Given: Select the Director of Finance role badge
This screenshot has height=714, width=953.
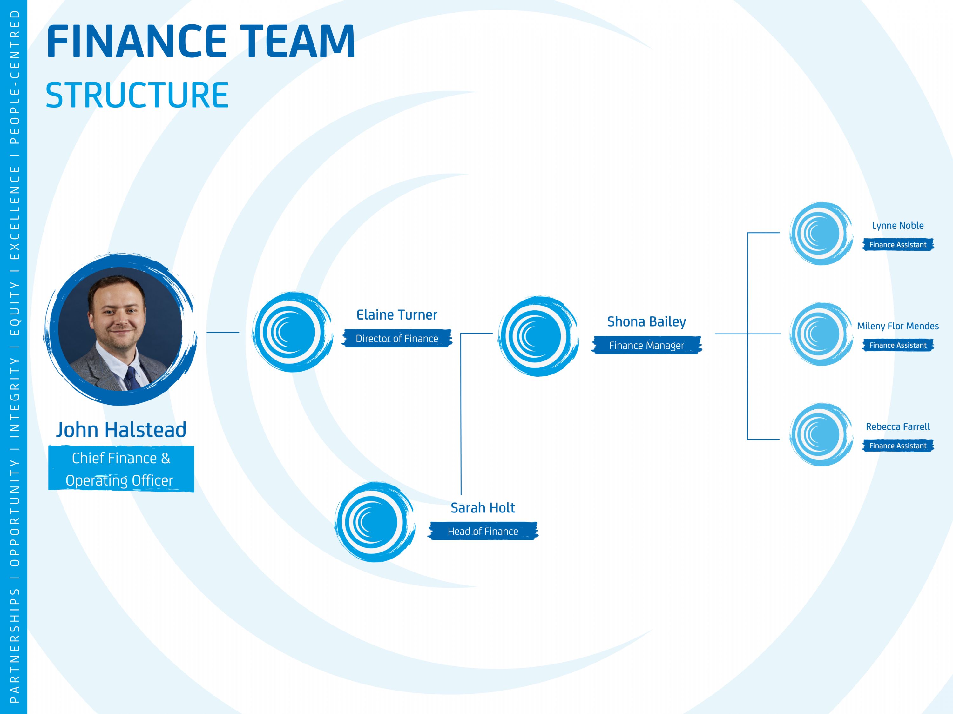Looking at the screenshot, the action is [397, 338].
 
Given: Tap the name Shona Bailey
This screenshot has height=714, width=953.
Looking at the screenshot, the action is [646, 322].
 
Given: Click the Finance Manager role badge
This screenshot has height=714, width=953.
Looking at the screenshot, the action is [646, 345].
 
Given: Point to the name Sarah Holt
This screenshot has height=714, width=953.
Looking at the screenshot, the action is [483, 508].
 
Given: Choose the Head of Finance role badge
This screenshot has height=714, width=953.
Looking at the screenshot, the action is [483, 531].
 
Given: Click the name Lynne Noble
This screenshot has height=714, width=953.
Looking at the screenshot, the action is [898, 226].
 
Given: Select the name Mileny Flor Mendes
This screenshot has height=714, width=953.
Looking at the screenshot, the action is [898, 326].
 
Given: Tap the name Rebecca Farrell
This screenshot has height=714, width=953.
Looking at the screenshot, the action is [898, 426].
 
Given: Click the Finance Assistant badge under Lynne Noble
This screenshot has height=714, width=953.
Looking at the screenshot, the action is [898, 244].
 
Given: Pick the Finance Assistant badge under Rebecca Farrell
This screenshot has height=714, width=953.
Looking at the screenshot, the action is [898, 446].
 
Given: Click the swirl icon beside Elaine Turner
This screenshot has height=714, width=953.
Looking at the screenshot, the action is [292, 332].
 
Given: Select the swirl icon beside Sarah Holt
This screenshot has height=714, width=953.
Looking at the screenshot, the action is [375, 522].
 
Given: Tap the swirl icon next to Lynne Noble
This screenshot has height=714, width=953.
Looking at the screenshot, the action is [821, 233].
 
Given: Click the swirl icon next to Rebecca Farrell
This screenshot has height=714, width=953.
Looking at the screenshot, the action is [821, 435].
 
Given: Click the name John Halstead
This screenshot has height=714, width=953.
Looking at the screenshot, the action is [121, 430].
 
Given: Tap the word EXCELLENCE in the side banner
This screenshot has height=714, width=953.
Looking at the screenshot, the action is [15, 213].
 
